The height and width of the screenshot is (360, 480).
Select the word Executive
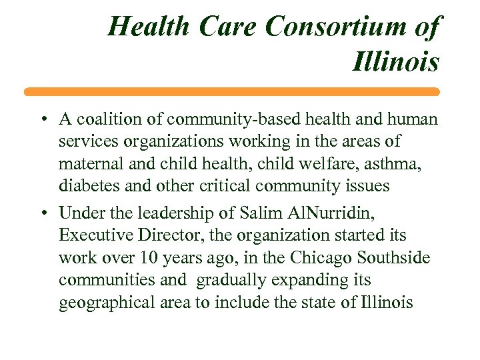(90, 235)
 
